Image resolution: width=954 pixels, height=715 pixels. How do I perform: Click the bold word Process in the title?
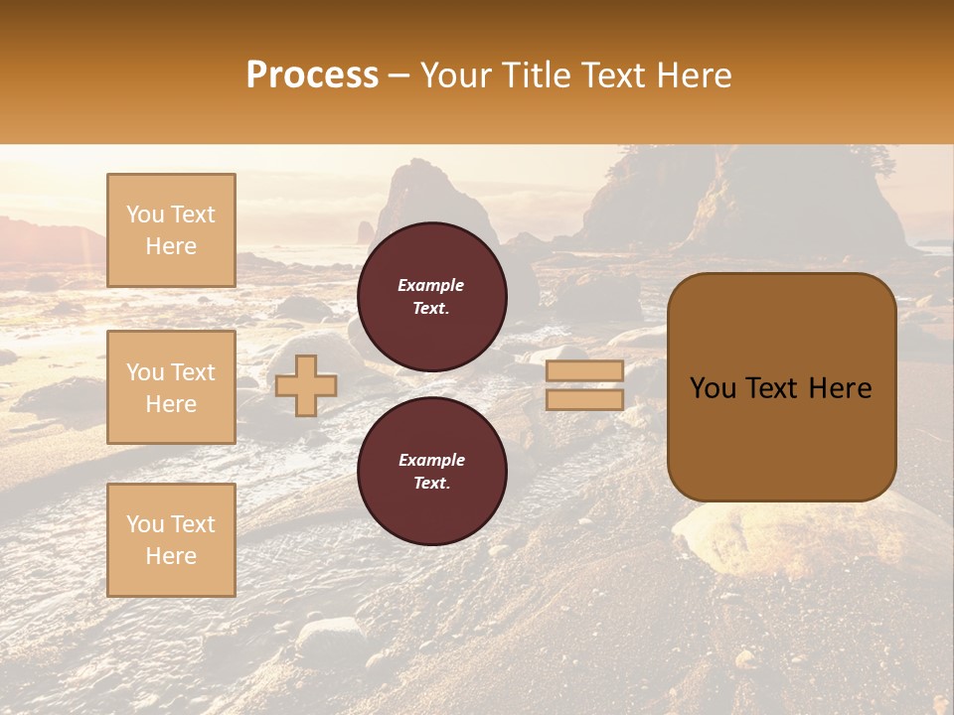pos(312,75)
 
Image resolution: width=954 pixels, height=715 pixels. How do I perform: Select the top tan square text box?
pos(171,230)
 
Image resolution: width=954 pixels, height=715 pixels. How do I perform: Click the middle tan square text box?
pos(171,387)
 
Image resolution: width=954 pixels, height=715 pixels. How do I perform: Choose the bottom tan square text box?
pos(171,540)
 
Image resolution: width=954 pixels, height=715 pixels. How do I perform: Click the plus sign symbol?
pos(306,386)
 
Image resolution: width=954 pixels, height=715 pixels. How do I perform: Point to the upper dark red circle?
pos(432,297)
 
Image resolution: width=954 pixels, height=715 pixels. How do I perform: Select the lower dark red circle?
pos(432,472)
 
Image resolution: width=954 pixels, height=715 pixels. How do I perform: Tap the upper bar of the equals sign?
pos(584,371)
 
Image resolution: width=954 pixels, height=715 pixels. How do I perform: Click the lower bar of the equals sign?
pos(584,400)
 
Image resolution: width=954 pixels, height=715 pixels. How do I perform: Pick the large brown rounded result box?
pos(781,387)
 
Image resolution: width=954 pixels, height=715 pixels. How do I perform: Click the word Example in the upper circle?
pos(431,285)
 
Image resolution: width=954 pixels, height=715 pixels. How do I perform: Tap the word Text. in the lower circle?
pos(431,483)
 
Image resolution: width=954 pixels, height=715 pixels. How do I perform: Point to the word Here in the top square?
pos(171,246)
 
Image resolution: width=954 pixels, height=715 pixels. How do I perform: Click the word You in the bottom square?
pos(144,524)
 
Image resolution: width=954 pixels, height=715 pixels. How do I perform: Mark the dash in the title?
pos(399,75)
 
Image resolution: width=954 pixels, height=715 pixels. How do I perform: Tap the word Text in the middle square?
pos(193,372)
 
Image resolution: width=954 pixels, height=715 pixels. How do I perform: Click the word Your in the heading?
pos(455,75)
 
